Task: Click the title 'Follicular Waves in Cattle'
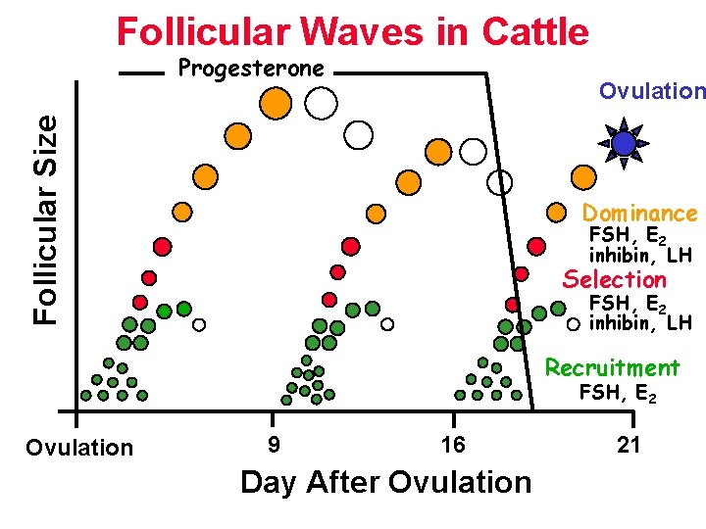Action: pyautogui.click(x=353, y=31)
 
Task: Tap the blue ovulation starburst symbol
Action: pyautogui.click(x=624, y=144)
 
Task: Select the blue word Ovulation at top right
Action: pyautogui.click(x=652, y=91)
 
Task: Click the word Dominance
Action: pyautogui.click(x=640, y=213)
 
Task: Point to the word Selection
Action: pyautogui.click(x=614, y=279)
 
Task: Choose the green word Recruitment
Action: pyautogui.click(x=612, y=367)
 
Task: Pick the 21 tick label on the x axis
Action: pyautogui.click(x=629, y=445)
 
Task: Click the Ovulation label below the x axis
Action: pyautogui.click(x=79, y=448)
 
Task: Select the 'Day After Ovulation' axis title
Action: pyautogui.click(x=385, y=482)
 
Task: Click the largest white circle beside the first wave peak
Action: pyautogui.click(x=321, y=102)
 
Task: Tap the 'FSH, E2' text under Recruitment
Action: pyautogui.click(x=618, y=394)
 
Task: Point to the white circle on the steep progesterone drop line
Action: pyautogui.click(x=501, y=182)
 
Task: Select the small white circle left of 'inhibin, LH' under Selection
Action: pyautogui.click(x=574, y=323)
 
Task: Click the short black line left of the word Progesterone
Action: pyautogui.click(x=140, y=72)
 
